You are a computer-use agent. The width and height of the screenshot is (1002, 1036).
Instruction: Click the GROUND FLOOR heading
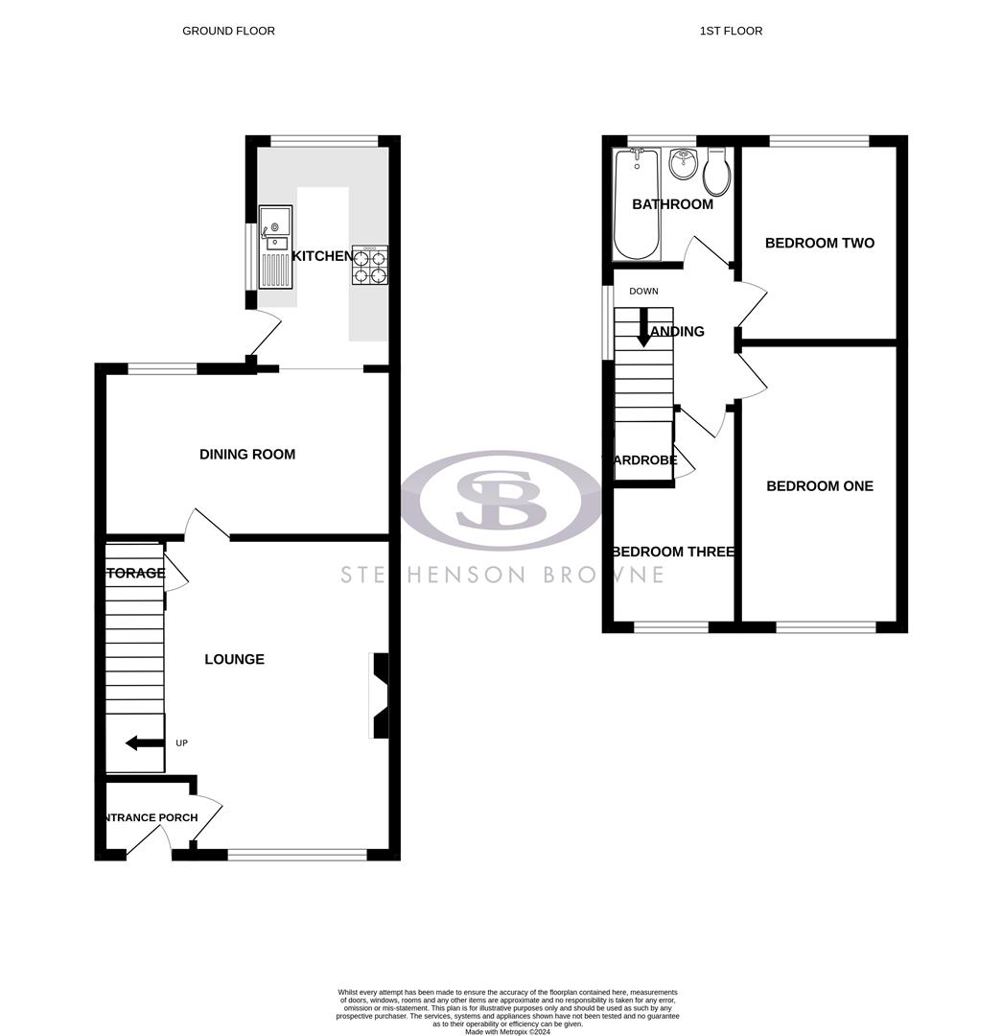tap(228, 31)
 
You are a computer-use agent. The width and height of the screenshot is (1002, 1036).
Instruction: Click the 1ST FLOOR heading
tap(731, 31)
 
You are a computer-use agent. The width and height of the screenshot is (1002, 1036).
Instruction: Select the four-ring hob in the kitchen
tap(370, 265)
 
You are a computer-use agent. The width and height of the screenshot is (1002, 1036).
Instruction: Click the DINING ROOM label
tap(247, 454)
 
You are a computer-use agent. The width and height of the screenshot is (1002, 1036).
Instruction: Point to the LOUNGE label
tap(234, 659)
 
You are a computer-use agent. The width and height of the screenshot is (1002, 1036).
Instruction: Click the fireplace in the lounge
tap(381, 695)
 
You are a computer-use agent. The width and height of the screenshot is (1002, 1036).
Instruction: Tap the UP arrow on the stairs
tap(145, 742)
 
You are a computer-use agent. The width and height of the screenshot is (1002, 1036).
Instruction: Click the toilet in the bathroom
tap(716, 173)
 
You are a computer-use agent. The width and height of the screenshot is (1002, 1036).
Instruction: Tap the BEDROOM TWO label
tap(819, 243)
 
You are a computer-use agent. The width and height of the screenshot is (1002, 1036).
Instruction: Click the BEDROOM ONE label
tap(819, 485)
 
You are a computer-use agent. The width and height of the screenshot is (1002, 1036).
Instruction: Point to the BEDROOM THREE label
tap(673, 552)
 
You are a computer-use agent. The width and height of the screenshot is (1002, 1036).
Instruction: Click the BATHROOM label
tap(672, 204)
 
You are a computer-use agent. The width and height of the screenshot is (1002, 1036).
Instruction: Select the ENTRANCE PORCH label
tap(150, 817)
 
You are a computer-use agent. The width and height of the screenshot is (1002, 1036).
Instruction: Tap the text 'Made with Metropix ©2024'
tap(507, 1031)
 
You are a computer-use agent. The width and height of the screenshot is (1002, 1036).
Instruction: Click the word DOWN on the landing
tap(643, 291)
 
